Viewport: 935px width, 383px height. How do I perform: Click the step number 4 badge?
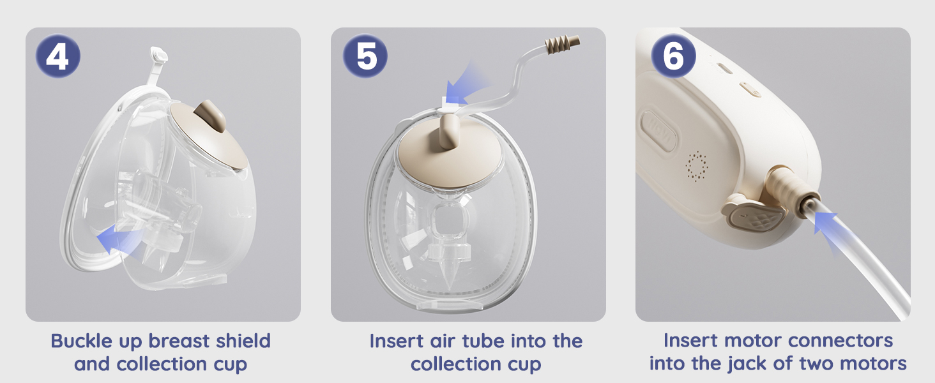(57, 56)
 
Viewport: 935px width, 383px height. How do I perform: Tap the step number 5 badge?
(365, 56)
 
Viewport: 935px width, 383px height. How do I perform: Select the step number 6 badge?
(673, 56)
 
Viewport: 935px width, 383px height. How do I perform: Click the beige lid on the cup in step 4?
(207, 133)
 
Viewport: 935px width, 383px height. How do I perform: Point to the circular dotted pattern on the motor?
(696, 167)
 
